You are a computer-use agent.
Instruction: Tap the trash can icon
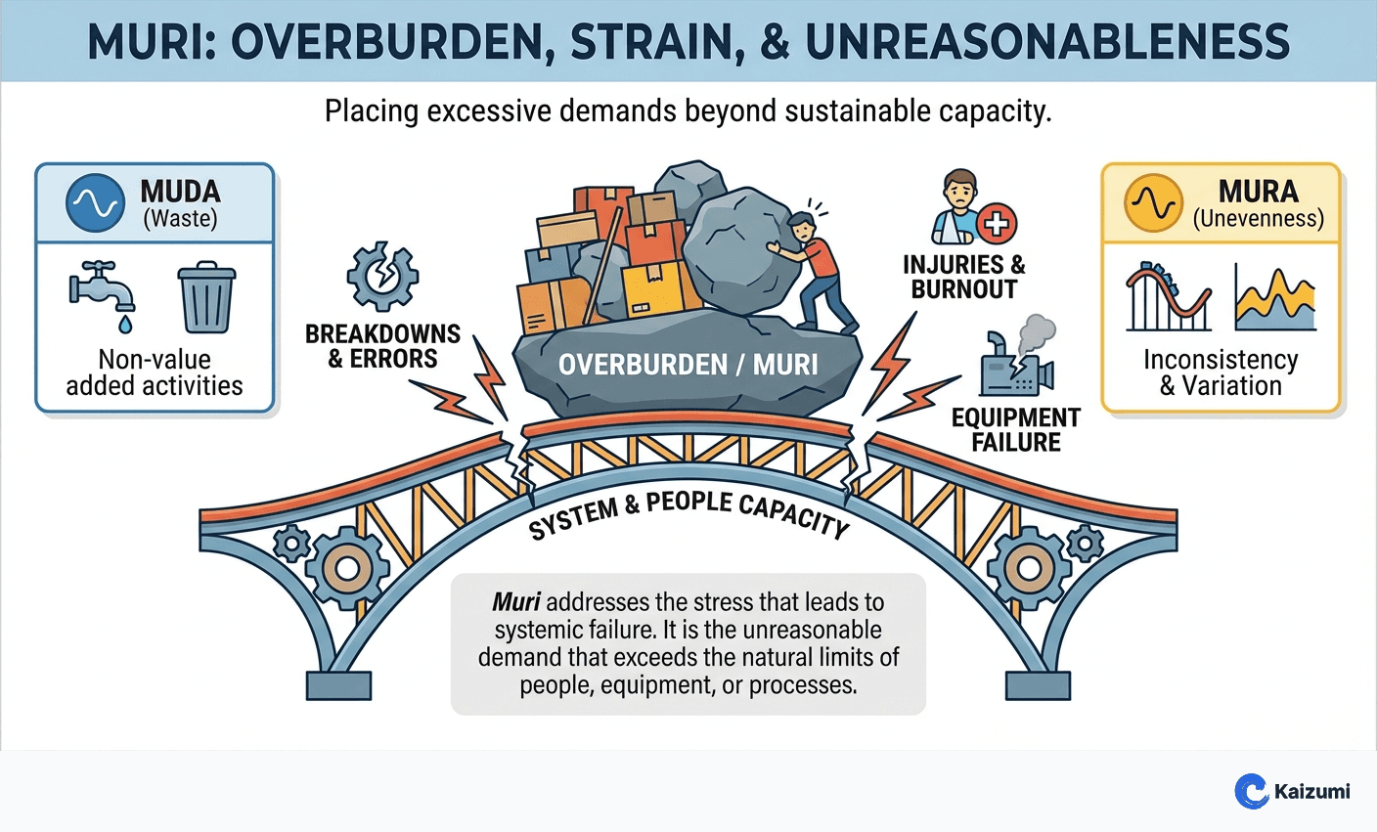[x=206, y=297]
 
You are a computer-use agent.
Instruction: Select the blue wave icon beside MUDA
[x=95, y=202]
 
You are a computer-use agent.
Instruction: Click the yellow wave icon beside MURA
[x=1154, y=202]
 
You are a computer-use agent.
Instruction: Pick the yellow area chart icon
[x=1274, y=297]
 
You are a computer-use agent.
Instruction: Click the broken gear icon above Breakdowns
[x=382, y=278]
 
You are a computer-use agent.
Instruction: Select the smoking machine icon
[x=1017, y=362]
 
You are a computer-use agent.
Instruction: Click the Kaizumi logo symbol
[x=1251, y=791]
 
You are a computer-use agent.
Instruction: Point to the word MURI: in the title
[x=155, y=42]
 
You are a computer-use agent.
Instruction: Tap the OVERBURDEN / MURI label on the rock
[x=688, y=365]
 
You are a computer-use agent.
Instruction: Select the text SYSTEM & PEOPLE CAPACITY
[x=688, y=514]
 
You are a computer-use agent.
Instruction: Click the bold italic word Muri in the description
[x=515, y=602]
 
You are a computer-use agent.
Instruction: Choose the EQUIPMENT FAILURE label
[x=1015, y=430]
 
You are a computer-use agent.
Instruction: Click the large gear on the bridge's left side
[x=346, y=568]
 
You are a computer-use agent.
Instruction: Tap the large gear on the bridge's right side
[x=1028, y=568]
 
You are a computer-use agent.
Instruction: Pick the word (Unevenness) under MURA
[x=1258, y=219]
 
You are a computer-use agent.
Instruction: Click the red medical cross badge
[x=997, y=224]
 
